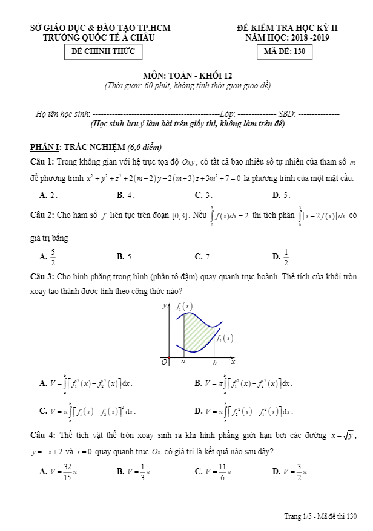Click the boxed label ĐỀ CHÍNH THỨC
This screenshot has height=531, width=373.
coord(103,52)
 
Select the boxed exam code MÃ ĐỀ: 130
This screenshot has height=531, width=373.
coord(285,52)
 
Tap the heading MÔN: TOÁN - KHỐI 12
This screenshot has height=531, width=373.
coord(187,76)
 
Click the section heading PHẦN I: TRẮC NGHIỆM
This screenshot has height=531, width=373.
coord(96,147)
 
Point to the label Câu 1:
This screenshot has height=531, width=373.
coord(42,161)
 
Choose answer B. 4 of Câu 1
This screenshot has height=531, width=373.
coord(125,195)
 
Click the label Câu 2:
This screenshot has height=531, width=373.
coord(42,215)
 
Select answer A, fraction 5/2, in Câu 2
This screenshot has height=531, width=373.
coord(50,256)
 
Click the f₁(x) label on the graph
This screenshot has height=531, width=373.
coord(184,307)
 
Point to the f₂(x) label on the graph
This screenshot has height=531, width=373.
coord(224,339)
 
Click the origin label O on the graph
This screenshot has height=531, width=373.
coord(163,362)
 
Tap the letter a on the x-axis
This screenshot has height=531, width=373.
coord(183,362)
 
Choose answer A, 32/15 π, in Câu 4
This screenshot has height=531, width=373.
coord(60,471)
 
